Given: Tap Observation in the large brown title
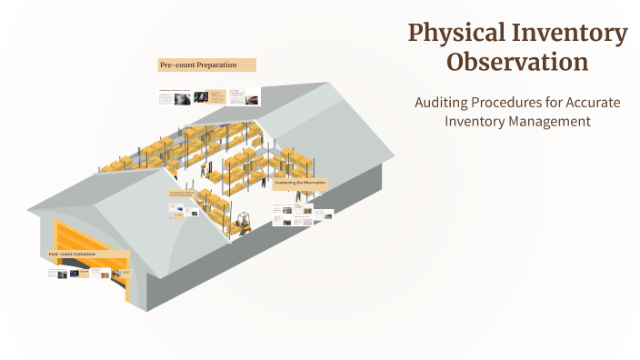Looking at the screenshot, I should [517, 63].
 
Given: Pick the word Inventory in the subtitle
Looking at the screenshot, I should [475, 121].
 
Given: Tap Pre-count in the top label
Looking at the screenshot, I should [176, 65].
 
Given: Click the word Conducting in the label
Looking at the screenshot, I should [286, 183].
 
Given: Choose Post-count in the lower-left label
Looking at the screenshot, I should [60, 254].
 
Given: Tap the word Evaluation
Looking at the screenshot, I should [83, 254].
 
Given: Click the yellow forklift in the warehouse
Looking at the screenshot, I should [243, 224].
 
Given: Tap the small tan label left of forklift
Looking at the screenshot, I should [182, 194].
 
